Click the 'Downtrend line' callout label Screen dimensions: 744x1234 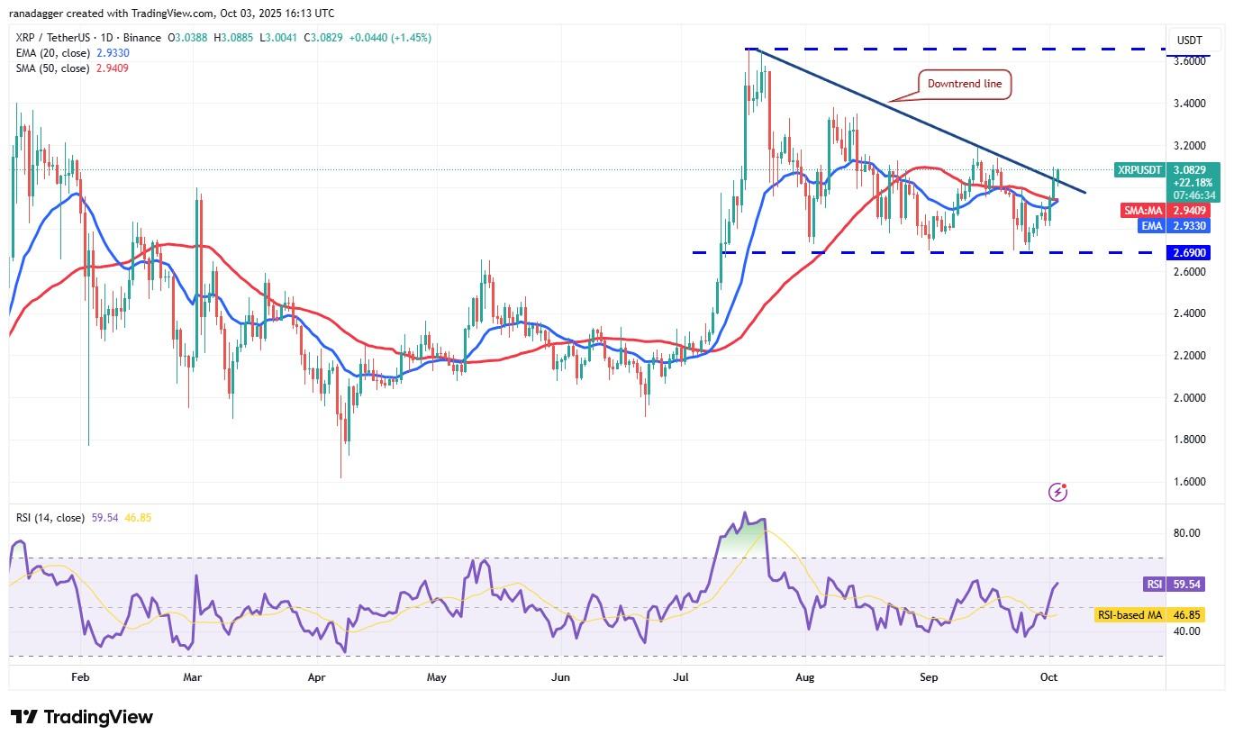(965, 84)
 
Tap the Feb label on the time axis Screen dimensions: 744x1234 (80, 676)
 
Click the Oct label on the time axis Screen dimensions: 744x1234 (1048, 676)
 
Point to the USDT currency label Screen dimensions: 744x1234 (1191, 41)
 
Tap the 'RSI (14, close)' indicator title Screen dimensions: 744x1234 (50, 518)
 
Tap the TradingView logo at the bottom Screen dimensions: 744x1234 (82, 718)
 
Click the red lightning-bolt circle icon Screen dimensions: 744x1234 (1058, 492)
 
